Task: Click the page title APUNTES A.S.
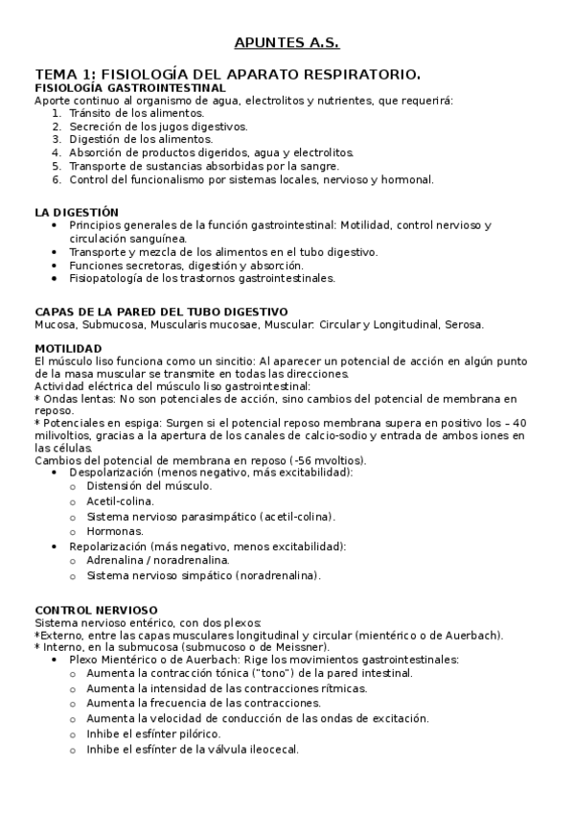coord(287,42)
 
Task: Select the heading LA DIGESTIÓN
coord(77,212)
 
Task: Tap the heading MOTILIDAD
coord(68,347)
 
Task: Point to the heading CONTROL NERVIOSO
coord(96,610)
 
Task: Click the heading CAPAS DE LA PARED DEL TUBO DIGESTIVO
coord(161,312)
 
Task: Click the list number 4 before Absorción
coord(57,152)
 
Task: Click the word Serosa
coord(464,324)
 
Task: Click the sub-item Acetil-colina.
coord(120,500)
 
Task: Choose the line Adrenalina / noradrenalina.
coord(157,561)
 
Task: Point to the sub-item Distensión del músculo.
coord(149,486)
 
